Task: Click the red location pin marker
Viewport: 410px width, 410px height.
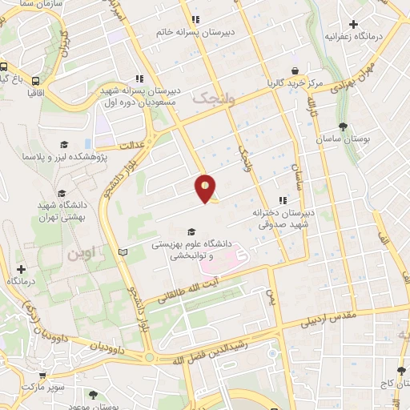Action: click(206, 188)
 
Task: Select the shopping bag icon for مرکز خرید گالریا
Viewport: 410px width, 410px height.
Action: click(295, 70)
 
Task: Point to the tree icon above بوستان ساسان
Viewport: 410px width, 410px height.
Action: click(344, 127)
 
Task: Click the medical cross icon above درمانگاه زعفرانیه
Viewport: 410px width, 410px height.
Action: click(353, 24)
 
